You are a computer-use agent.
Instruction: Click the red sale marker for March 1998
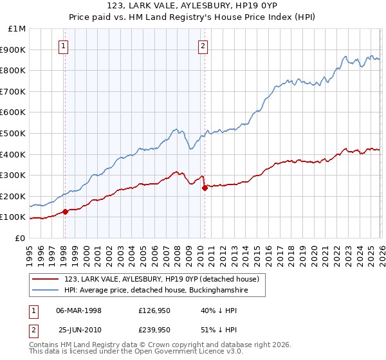pyautogui.click(x=65, y=212)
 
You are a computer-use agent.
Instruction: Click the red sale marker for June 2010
pyautogui.click(x=205, y=188)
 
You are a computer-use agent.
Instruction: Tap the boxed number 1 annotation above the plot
pyautogui.click(x=64, y=46)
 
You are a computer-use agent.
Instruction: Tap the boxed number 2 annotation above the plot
pyautogui.click(x=203, y=46)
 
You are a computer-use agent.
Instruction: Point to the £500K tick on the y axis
pyautogui.click(x=14, y=134)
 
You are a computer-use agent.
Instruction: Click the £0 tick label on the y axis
pyautogui.click(x=21, y=239)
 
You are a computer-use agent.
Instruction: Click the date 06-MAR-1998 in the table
pyautogui.click(x=78, y=311)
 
